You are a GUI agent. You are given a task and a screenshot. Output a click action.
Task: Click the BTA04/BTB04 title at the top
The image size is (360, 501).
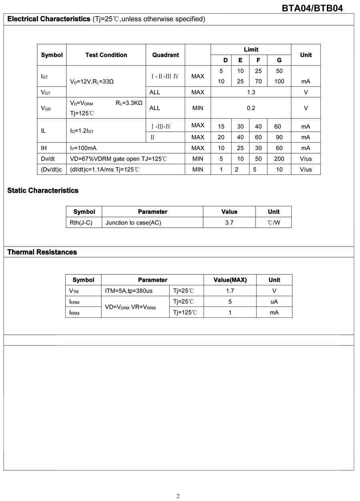pyautogui.click(x=312, y=8)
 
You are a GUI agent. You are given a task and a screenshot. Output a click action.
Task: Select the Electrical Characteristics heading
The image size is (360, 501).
pyautogui.click(x=49, y=19)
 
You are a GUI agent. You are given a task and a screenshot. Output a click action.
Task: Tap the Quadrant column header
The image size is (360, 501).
pyautogui.click(x=165, y=55)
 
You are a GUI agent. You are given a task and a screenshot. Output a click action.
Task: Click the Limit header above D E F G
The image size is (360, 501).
pyautogui.click(x=251, y=49)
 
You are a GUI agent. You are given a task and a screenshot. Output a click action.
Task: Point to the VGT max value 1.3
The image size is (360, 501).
pyautogui.click(x=251, y=92)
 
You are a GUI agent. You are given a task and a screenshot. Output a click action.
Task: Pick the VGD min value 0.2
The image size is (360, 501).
pyautogui.click(x=251, y=108)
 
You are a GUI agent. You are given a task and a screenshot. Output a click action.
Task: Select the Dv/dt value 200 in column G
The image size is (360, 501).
pyautogui.click(x=279, y=159)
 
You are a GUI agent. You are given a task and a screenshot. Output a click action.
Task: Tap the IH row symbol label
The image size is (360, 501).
pyautogui.click(x=44, y=148)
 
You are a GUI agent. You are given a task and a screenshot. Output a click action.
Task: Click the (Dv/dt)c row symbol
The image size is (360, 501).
pyautogui.click(x=52, y=169)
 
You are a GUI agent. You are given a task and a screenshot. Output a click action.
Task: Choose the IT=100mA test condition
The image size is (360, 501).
pyautogui.click(x=83, y=148)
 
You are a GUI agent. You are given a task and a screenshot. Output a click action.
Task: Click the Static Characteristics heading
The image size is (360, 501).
pyautogui.click(x=43, y=190)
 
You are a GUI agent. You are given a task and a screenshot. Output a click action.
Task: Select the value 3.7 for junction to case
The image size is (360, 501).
pyautogui.click(x=229, y=222)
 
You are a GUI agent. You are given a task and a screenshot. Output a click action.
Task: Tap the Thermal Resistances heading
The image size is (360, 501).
pyautogui.click(x=42, y=252)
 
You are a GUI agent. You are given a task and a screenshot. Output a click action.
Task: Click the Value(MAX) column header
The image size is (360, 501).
pyautogui.click(x=230, y=280)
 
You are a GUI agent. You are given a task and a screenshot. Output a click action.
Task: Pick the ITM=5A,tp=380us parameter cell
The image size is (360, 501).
pyautogui.click(x=129, y=291)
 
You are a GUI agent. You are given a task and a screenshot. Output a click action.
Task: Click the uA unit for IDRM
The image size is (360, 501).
pyautogui.click(x=274, y=302)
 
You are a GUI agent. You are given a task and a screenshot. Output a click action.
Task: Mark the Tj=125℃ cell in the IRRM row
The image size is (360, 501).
pyautogui.click(x=185, y=312)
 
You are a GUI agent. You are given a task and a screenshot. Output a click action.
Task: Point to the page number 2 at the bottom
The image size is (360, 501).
pyautogui.click(x=178, y=496)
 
